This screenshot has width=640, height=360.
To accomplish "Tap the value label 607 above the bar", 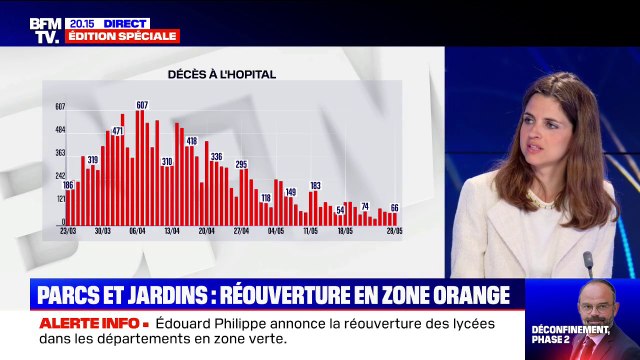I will (142, 105).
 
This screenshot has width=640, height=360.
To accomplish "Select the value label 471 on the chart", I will (117, 130).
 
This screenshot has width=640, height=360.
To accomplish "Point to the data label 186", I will (68, 185).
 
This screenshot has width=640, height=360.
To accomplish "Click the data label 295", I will (241, 163).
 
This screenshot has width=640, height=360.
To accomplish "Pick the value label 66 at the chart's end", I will (394, 207).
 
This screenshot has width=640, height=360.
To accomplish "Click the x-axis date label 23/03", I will (69, 230).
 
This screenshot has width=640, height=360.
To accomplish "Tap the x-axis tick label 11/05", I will (311, 230).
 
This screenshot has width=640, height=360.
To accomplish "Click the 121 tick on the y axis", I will (60, 200).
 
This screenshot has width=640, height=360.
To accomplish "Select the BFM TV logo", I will (45, 29).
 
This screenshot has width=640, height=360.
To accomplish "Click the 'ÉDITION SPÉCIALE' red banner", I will (122, 36).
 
